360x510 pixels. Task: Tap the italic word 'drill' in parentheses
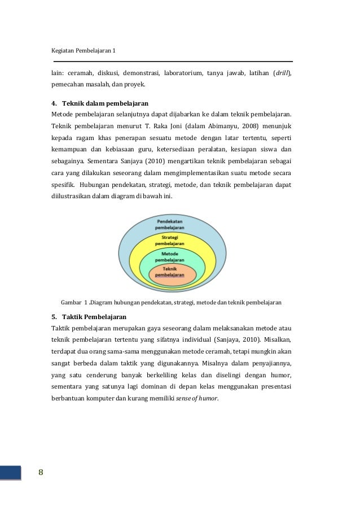click(282, 73)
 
